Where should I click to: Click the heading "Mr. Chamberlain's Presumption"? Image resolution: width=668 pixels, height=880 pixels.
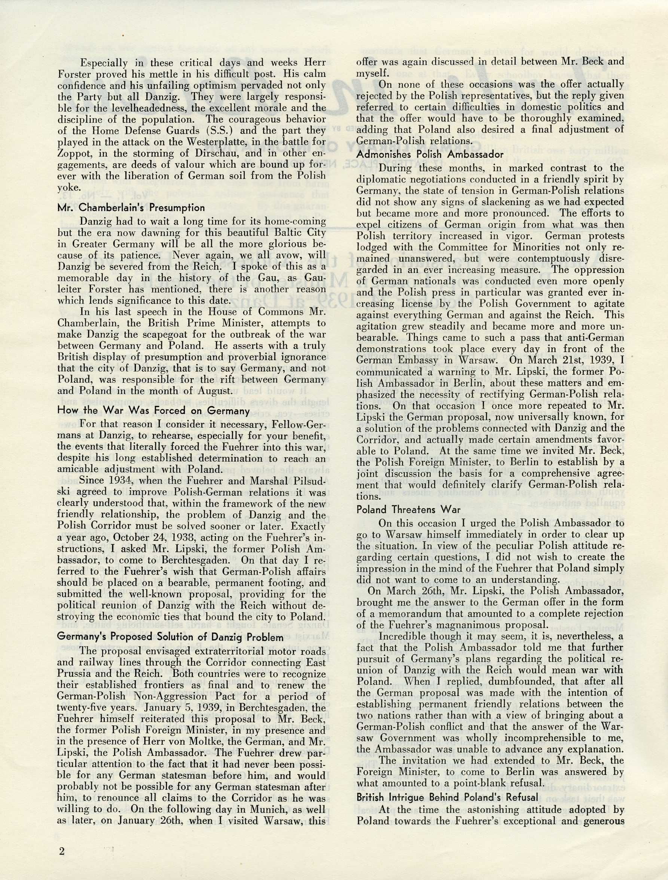pos(131,208)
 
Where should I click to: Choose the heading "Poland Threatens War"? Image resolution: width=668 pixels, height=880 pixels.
pos(409,510)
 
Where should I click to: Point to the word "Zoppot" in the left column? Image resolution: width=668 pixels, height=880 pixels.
pos(73,153)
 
